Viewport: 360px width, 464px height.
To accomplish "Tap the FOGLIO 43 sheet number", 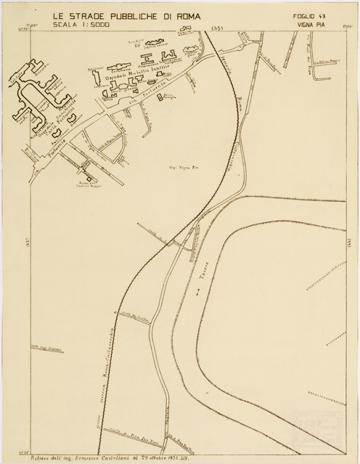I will (x=310, y=15).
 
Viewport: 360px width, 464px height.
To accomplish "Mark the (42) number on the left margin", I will (x=26, y=243).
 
